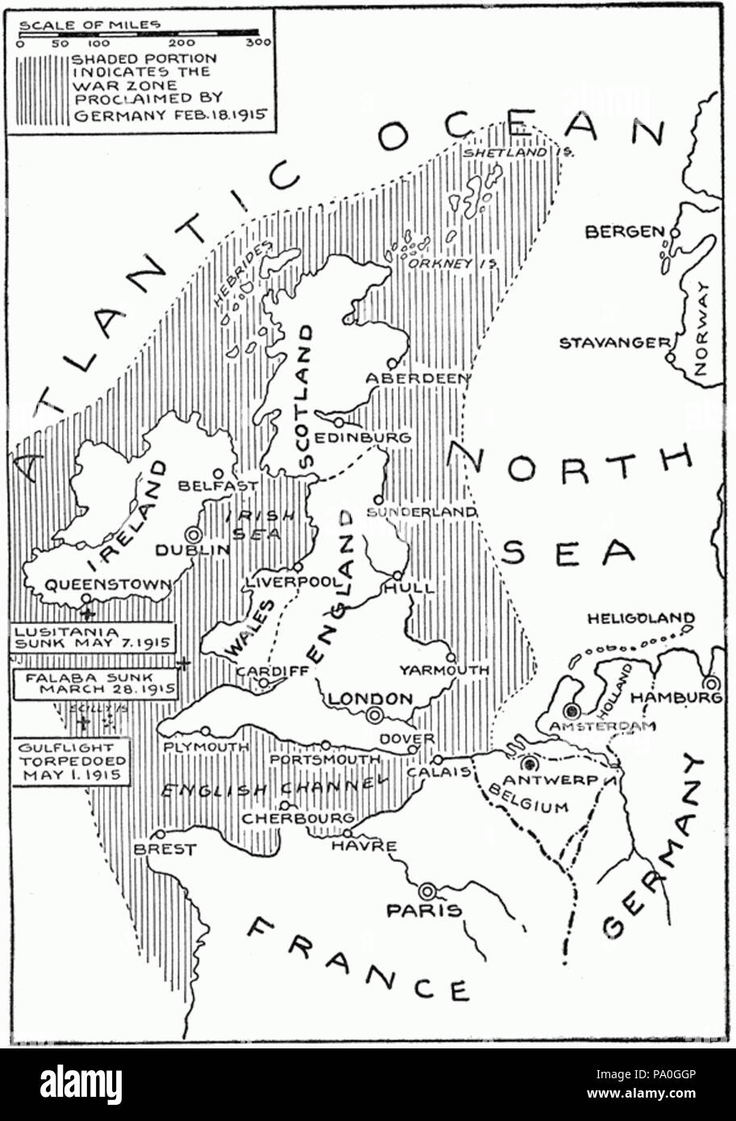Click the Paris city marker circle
click(427, 890)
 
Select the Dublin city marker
click(193, 534)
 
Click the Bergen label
click(625, 232)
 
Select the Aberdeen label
click(418, 378)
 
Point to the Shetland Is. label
click(517, 152)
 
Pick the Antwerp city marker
click(530, 764)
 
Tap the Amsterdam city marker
click(572, 711)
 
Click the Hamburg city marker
click(712, 682)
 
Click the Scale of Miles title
click(89, 25)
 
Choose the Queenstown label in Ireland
click(107, 586)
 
